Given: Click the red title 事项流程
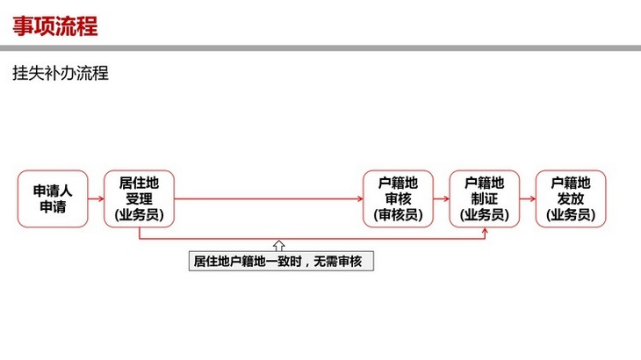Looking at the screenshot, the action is (55, 26).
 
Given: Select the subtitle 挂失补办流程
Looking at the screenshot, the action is (61, 74).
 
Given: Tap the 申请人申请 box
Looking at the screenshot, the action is (53, 199).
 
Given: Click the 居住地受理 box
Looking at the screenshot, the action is (139, 199).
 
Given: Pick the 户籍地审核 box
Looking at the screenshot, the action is (398, 199).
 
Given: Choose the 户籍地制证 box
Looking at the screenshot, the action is (485, 199).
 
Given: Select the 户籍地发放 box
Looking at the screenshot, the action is (571, 199).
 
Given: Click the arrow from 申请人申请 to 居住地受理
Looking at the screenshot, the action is (96, 199).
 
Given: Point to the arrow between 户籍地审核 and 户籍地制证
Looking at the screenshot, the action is (442, 199).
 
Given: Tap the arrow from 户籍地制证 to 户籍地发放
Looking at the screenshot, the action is (528, 199).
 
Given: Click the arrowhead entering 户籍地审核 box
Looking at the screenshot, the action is (360, 199).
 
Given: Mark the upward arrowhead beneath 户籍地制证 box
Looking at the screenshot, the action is (485, 230).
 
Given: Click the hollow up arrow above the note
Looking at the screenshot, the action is (279, 246).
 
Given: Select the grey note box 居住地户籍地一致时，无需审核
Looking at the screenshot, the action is (281, 261).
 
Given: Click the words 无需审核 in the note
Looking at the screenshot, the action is (338, 261).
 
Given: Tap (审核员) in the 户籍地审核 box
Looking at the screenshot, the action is (398, 215).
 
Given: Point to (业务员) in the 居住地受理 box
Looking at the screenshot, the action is (139, 215).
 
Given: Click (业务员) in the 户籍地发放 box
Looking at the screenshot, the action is (571, 215).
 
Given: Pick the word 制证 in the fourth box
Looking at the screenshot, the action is (485, 199).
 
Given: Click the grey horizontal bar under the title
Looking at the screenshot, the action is (320, 48).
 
